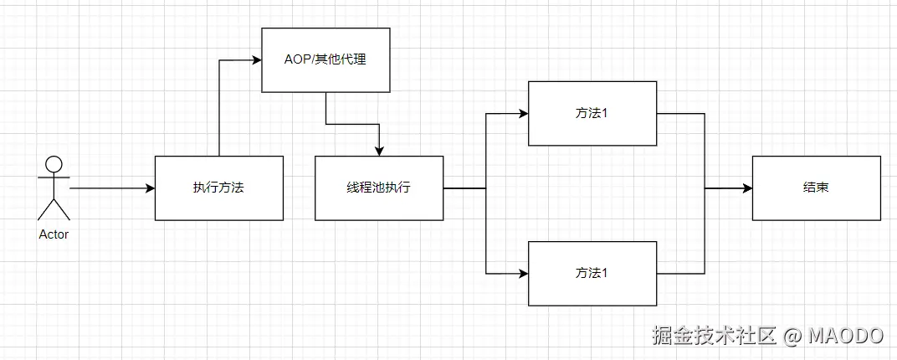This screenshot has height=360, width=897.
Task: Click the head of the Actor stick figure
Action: coord(54,164)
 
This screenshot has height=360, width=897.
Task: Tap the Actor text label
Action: coord(54,234)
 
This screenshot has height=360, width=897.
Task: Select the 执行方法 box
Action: coord(218,188)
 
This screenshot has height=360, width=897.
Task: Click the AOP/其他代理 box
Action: coord(325,60)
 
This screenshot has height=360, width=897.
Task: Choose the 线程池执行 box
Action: coord(379,188)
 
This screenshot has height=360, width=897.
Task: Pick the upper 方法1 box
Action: coord(592,113)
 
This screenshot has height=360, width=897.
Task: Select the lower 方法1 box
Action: coord(592,273)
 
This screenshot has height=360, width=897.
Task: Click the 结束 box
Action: coord(816,188)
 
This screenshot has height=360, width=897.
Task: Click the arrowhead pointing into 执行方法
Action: coord(150,188)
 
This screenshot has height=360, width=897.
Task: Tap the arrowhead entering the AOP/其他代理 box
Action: coord(257,60)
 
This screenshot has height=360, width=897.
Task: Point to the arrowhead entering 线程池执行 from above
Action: coord(379,151)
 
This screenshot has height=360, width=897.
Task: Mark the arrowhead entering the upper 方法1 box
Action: coord(522,113)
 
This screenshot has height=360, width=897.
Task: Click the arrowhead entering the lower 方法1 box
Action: coord(522,273)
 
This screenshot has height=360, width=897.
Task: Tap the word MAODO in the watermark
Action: coord(845,336)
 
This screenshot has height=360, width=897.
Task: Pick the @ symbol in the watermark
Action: coord(792,336)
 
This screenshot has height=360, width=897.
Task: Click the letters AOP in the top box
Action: coord(297,60)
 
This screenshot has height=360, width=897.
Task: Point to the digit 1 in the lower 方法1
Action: coord(604,273)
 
